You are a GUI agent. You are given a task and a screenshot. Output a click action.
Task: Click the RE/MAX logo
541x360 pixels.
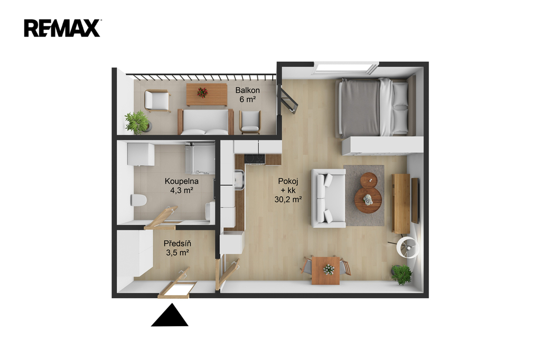pos(62,28)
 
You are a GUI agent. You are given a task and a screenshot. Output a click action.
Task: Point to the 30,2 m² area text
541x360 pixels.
pos(288,200)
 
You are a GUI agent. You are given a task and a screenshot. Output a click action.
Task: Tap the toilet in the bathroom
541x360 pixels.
pos(139,200)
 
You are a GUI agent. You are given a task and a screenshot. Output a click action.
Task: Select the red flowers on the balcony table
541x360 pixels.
pos(202,92)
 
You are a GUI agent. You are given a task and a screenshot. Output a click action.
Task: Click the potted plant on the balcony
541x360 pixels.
pos(138,122)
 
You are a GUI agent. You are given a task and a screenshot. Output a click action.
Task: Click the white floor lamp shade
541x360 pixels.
pos(408,247)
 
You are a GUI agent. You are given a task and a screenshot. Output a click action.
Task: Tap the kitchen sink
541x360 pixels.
pos(239,181)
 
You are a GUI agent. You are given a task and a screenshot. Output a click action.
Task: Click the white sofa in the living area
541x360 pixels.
pos(328,198)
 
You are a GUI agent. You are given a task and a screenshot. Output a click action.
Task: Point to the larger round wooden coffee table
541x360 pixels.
pos(368,200)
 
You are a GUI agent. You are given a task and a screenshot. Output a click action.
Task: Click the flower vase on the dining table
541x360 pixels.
pos(329,269)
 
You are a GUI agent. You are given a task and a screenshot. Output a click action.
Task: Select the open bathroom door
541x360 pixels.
pos(161,217)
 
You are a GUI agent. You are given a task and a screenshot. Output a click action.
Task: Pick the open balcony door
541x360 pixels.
pos(288,100)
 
